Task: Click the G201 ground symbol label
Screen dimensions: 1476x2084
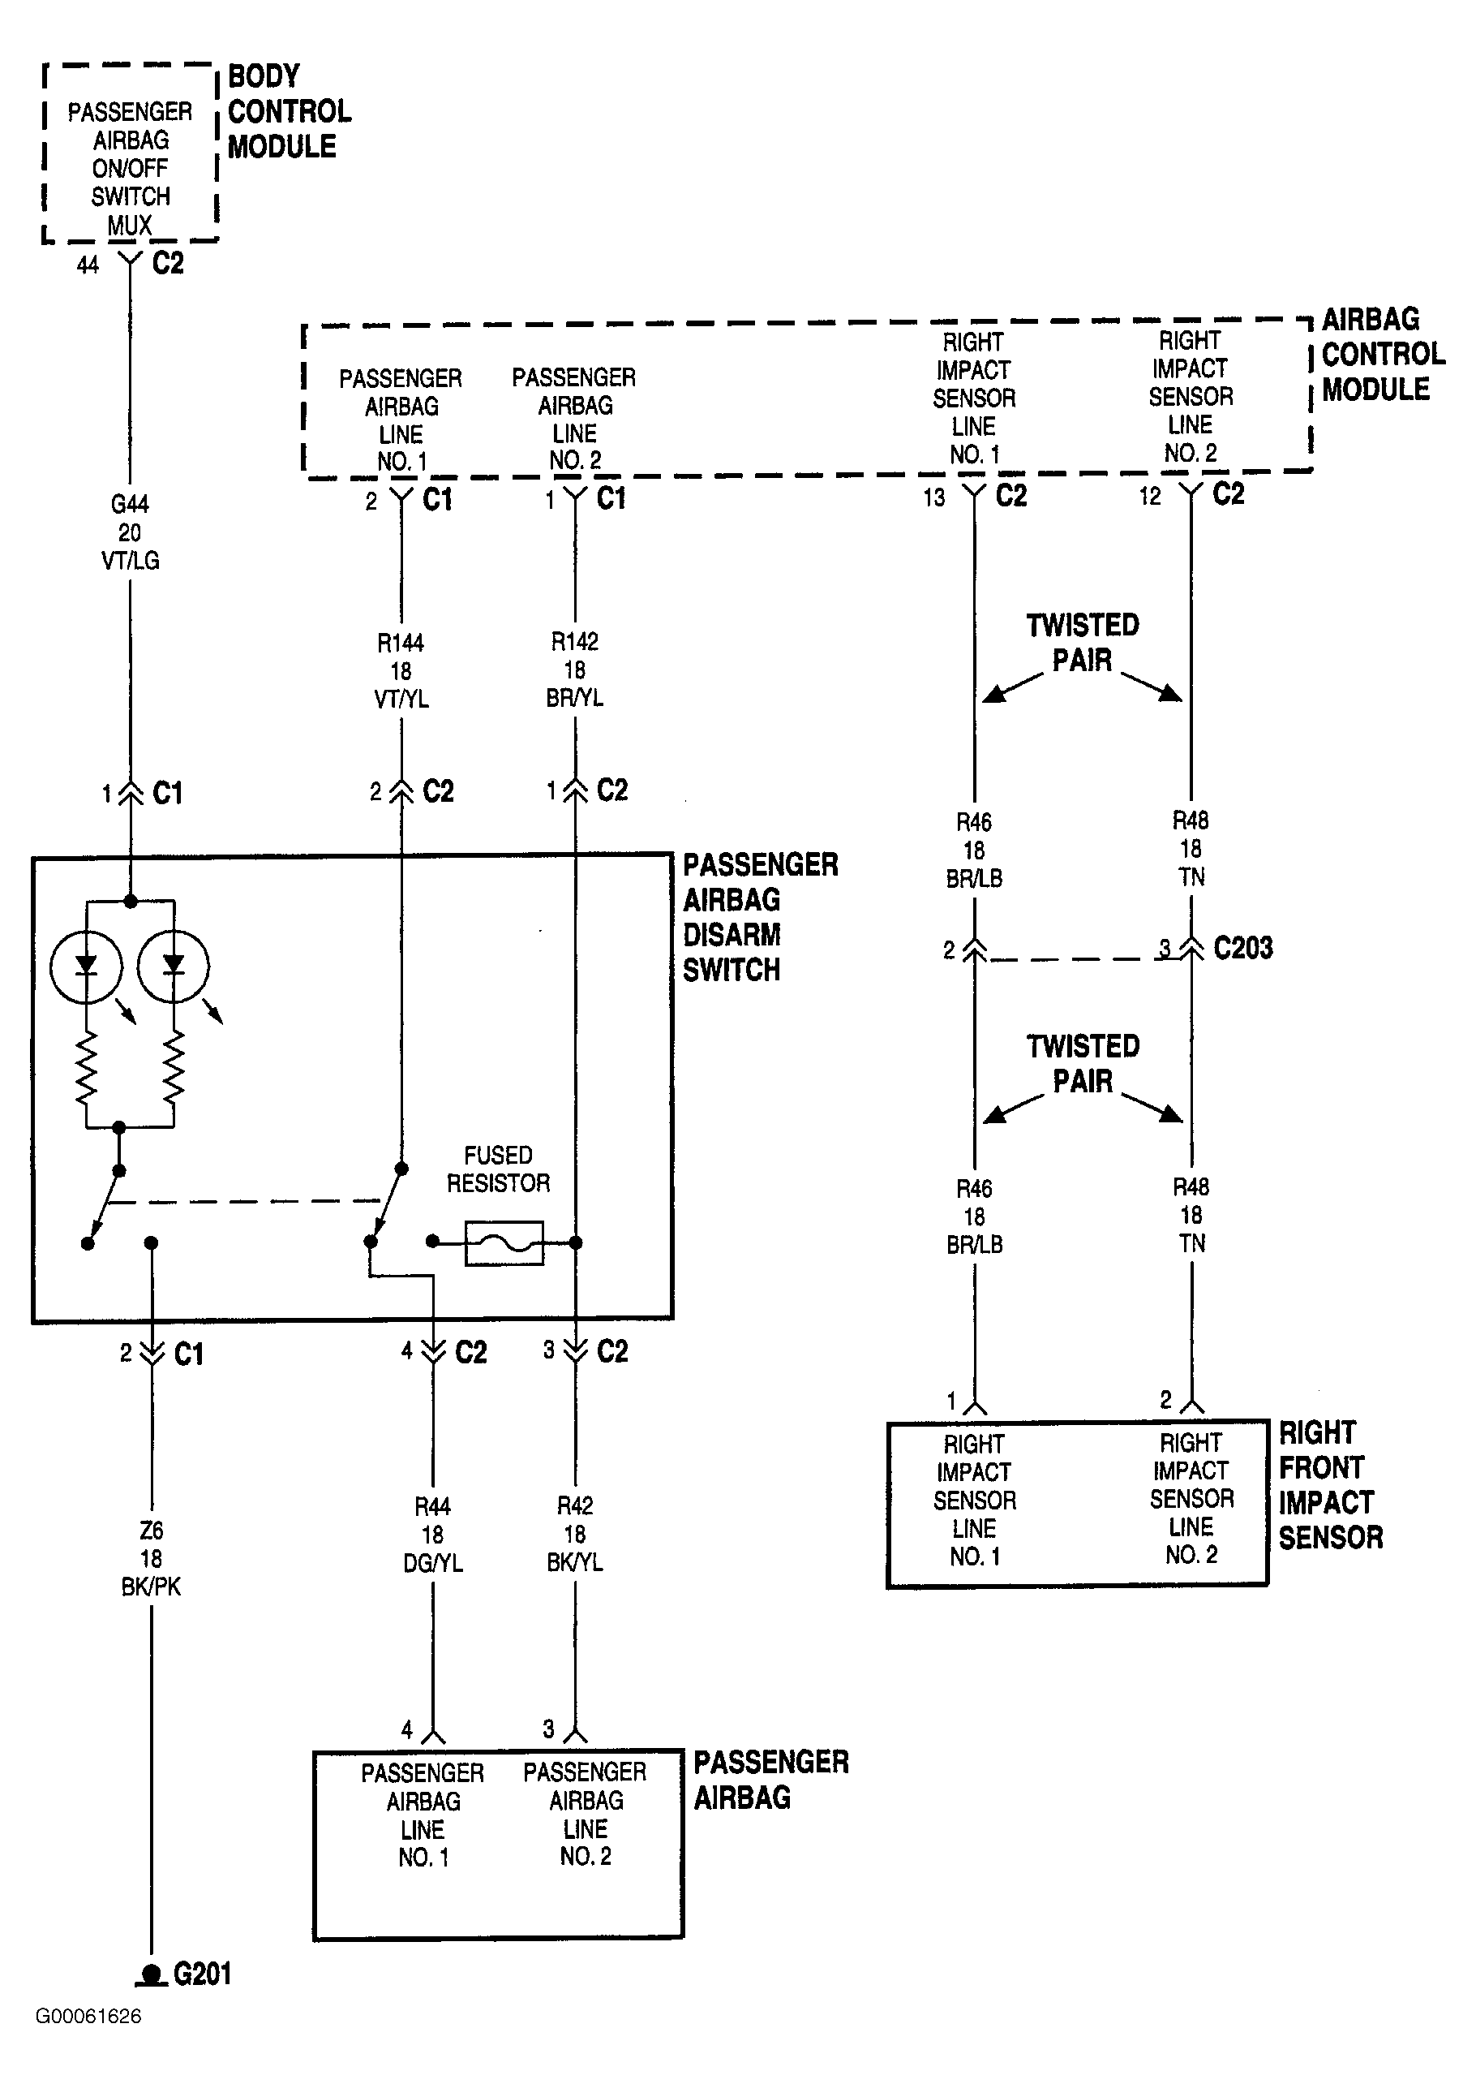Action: coord(202,1974)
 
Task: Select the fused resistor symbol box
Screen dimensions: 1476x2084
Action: coord(504,1243)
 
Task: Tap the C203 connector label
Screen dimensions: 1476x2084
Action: coord(1243,949)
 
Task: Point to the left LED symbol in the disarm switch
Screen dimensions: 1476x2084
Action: coord(86,966)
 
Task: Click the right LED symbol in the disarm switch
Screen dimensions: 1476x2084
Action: coord(173,966)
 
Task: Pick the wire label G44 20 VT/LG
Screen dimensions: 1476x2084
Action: coord(130,532)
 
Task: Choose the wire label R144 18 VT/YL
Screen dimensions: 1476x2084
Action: coord(401,671)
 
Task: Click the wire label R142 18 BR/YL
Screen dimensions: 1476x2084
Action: coord(575,670)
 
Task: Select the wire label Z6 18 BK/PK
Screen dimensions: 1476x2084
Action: coord(151,1558)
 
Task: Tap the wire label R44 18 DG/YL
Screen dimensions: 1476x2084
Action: coord(432,1535)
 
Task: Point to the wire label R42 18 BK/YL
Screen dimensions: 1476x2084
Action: coord(575,1534)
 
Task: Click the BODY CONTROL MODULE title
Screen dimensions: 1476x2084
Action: coord(289,112)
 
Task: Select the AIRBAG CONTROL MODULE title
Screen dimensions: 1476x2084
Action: coord(1384,355)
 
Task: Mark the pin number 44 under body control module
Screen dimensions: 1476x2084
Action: coord(88,265)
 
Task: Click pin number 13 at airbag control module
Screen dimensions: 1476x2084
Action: coord(934,497)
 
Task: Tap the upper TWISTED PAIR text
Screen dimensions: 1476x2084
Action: coord(1083,643)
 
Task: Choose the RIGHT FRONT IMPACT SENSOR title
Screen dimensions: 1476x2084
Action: coord(1331,1485)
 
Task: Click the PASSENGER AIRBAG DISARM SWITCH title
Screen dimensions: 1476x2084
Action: coord(761,918)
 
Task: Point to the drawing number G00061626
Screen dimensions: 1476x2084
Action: coord(88,2042)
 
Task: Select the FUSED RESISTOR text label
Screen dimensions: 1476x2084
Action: coord(498,1169)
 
